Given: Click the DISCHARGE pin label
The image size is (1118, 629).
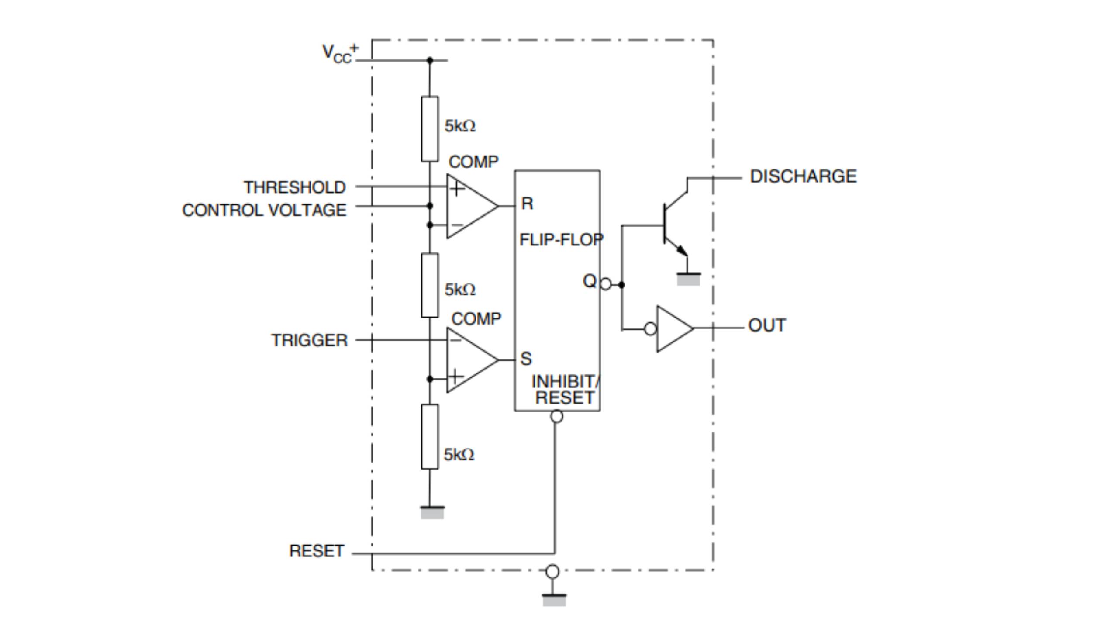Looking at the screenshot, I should point(803,176).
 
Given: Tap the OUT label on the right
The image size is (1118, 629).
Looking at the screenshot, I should point(767,325).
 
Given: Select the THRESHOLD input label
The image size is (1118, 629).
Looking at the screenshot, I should point(295,187).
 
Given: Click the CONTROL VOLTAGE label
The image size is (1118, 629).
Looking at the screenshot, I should point(264,211).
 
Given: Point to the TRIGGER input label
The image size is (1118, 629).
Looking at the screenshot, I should point(309,340).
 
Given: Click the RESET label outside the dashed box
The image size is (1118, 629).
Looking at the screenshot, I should point(317,551).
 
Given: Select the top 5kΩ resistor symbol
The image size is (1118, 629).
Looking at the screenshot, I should point(429,129).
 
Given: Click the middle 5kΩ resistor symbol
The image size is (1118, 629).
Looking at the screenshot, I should point(429,285).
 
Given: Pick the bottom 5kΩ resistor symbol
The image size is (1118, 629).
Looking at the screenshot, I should point(429,437).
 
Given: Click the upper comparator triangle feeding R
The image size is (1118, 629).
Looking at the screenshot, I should point(469,206).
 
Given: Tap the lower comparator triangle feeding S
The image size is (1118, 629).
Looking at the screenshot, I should point(469,360).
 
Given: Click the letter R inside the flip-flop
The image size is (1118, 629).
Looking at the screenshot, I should point(527,204).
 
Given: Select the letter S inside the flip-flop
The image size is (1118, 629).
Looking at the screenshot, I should point(526,359).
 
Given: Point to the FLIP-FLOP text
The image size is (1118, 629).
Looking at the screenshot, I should point(561,239).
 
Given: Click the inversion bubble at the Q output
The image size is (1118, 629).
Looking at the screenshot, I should point(606,284).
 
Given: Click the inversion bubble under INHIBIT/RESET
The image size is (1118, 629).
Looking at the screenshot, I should point(556,416).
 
